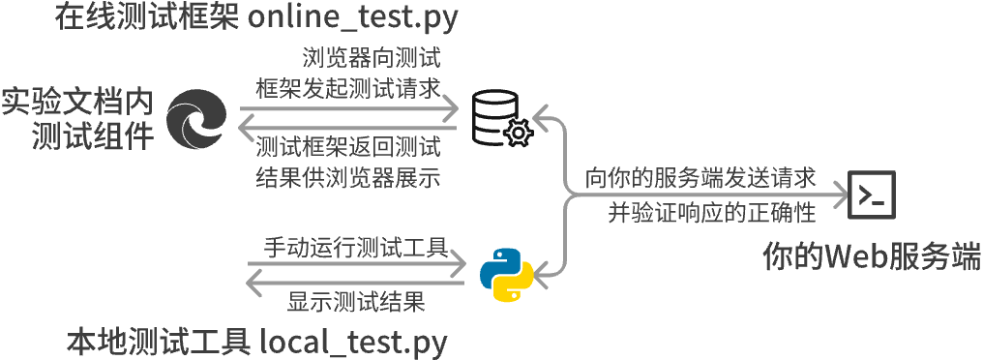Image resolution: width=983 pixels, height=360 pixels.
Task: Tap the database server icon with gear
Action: click(500, 119)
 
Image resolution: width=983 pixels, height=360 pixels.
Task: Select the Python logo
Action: click(507, 274)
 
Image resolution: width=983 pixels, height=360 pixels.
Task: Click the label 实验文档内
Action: click(77, 101)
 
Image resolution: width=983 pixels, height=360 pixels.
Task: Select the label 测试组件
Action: click(93, 135)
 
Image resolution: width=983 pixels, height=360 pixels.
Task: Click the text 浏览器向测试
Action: click(372, 56)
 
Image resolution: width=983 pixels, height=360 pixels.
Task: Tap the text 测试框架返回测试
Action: click(348, 148)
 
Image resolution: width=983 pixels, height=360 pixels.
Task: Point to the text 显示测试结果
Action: click(356, 302)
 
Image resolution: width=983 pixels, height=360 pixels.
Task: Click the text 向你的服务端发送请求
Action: click(700, 179)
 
